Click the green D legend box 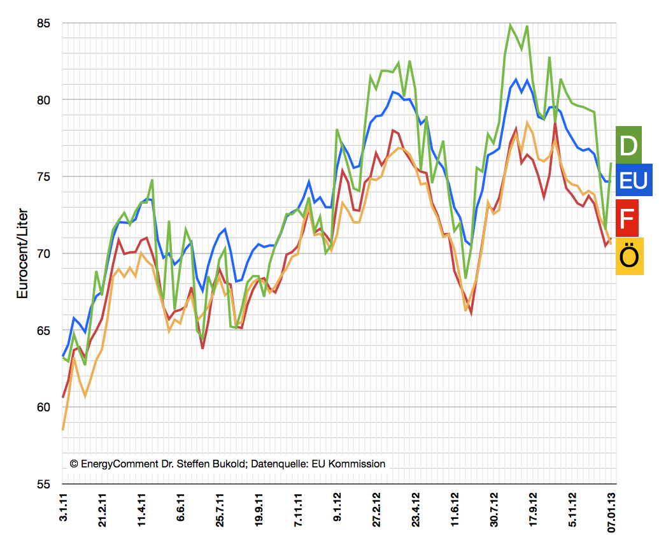[x=628, y=145]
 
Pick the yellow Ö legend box [x=629, y=256]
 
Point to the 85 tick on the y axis [x=43, y=24]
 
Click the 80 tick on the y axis [x=43, y=100]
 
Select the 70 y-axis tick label [x=43, y=253]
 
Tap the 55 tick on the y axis [x=43, y=484]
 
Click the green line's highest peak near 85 [x=510, y=25]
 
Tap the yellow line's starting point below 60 [x=63, y=429]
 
